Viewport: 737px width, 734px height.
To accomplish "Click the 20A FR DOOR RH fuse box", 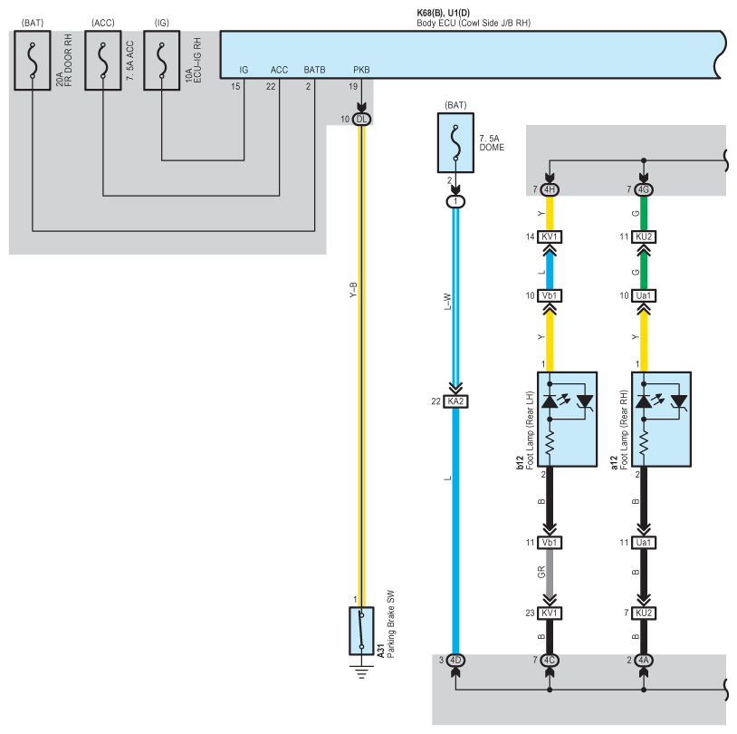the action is click(x=32, y=60).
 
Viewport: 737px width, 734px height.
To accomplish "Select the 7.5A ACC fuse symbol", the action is click(x=103, y=60).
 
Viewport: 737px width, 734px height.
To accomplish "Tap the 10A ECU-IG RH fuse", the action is click(x=162, y=60).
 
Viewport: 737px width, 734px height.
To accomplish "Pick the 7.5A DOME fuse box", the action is click(x=455, y=142).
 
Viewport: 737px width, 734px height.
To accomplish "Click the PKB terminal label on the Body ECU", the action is click(x=361, y=70).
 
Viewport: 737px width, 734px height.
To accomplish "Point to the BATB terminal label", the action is click(x=314, y=70).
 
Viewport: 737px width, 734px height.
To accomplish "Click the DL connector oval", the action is click(x=361, y=120).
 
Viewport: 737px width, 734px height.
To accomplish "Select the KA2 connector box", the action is click(x=455, y=401).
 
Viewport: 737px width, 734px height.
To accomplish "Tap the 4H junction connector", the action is click(x=550, y=189).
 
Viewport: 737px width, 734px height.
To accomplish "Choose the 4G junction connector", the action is click(x=644, y=189).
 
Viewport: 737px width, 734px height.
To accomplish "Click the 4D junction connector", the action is click(x=455, y=660).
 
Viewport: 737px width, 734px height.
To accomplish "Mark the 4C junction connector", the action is click(x=550, y=660).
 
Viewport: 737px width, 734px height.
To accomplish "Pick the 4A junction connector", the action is click(x=644, y=660).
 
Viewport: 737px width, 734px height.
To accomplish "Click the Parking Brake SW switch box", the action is click(x=361, y=631).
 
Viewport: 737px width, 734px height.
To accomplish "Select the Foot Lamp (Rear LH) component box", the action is click(x=568, y=420).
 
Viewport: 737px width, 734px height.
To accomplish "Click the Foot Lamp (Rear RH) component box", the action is click(x=661, y=420).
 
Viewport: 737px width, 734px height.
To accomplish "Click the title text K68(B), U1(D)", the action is click(x=444, y=14).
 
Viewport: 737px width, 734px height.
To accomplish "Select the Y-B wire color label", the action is click(x=353, y=290).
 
